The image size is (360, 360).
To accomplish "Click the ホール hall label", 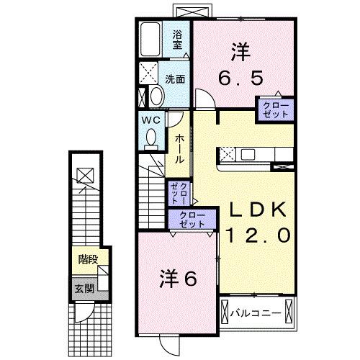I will pyautogui.click(x=179, y=147).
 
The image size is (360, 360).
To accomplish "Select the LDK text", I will pyautogui.click(x=258, y=210).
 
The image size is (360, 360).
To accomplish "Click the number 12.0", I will pyautogui.click(x=258, y=234).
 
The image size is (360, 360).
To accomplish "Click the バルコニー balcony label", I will pyautogui.click(x=253, y=312).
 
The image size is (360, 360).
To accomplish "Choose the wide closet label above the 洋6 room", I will pyautogui.click(x=190, y=219).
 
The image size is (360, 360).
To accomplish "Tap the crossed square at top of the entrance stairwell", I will pyautogui.click(x=85, y=174).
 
